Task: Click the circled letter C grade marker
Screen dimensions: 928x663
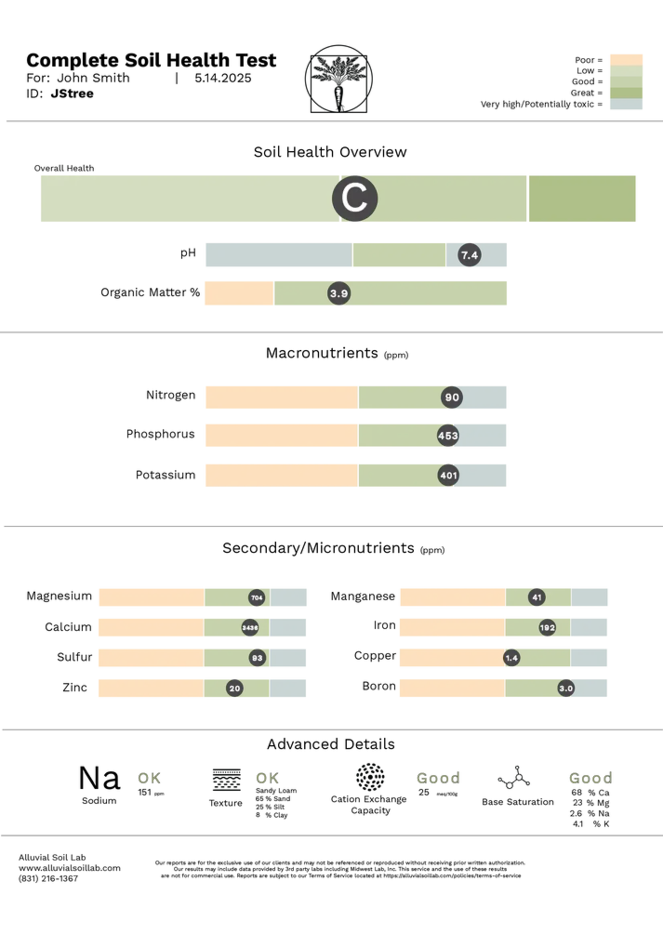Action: (354, 199)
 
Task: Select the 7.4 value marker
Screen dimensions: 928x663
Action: (469, 256)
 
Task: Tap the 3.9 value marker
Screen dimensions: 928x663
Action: (339, 293)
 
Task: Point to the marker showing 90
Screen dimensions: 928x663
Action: (452, 397)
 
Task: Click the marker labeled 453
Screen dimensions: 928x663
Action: (448, 435)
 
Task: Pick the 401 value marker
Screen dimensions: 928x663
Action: (448, 475)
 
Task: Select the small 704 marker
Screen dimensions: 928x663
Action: (256, 598)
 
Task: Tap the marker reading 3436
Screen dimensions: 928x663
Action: (250, 627)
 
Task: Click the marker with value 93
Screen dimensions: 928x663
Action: (257, 658)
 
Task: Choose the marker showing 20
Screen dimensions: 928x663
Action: (235, 688)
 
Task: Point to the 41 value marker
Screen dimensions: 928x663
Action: (537, 597)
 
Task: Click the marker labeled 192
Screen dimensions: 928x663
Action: (547, 627)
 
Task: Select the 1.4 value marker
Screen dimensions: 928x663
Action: (512, 658)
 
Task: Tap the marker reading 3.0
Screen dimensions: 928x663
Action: (566, 688)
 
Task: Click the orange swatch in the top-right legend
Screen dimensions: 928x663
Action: (625, 59)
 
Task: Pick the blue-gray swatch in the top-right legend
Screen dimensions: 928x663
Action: (625, 105)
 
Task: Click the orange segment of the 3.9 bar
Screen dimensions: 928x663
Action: (238, 293)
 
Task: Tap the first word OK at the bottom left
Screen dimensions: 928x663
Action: (148, 778)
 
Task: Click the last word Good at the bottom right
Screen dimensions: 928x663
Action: (590, 778)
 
